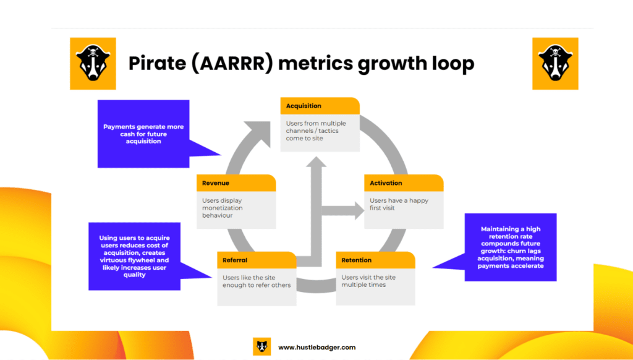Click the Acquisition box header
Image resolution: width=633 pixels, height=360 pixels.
(320, 106)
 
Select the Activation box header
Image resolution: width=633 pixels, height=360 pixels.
(404, 183)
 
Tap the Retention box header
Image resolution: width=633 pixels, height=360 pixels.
(375, 260)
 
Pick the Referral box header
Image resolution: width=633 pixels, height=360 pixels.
(257, 260)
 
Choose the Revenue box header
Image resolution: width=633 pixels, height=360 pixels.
(236, 183)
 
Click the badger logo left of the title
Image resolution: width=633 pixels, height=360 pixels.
(92, 63)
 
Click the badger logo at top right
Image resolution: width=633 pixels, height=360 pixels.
(554, 63)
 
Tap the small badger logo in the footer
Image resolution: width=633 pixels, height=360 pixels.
(262, 347)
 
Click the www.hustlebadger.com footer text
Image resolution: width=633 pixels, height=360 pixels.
(316, 348)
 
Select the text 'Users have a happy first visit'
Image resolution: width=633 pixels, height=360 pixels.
(399, 204)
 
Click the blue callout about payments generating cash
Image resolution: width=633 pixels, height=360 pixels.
(143, 134)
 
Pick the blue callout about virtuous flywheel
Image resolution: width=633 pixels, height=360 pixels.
(134, 256)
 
